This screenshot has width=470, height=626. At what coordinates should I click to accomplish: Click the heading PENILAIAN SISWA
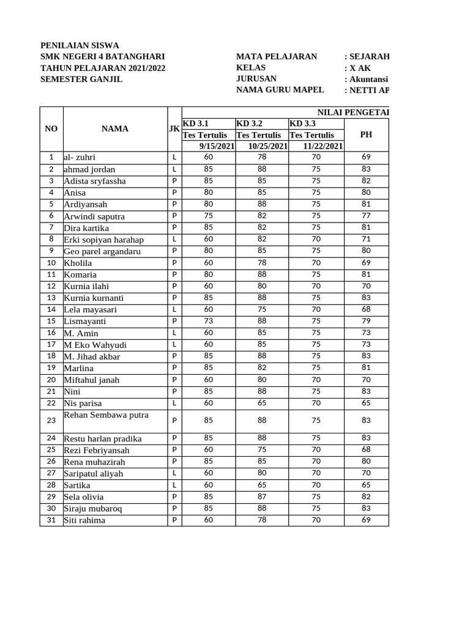point(80,45)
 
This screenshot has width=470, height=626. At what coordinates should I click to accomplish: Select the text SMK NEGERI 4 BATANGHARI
point(102,57)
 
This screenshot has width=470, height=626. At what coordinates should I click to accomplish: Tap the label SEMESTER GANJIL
point(81,79)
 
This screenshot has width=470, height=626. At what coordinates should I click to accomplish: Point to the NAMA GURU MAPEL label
point(280,90)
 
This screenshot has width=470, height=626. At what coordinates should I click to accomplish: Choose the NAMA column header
point(115,129)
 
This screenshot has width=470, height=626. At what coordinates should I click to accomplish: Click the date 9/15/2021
point(217,146)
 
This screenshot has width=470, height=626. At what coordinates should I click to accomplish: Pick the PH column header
point(366,134)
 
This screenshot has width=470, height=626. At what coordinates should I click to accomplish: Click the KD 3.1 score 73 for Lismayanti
point(209,321)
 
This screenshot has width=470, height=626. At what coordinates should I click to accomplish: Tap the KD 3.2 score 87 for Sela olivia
point(262,497)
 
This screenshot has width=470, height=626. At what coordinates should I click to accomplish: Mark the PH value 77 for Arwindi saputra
point(366,216)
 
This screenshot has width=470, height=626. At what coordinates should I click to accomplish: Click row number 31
point(51,520)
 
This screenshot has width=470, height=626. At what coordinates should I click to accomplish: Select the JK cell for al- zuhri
point(174,158)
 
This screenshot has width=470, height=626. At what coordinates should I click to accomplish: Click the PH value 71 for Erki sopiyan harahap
point(366,239)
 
